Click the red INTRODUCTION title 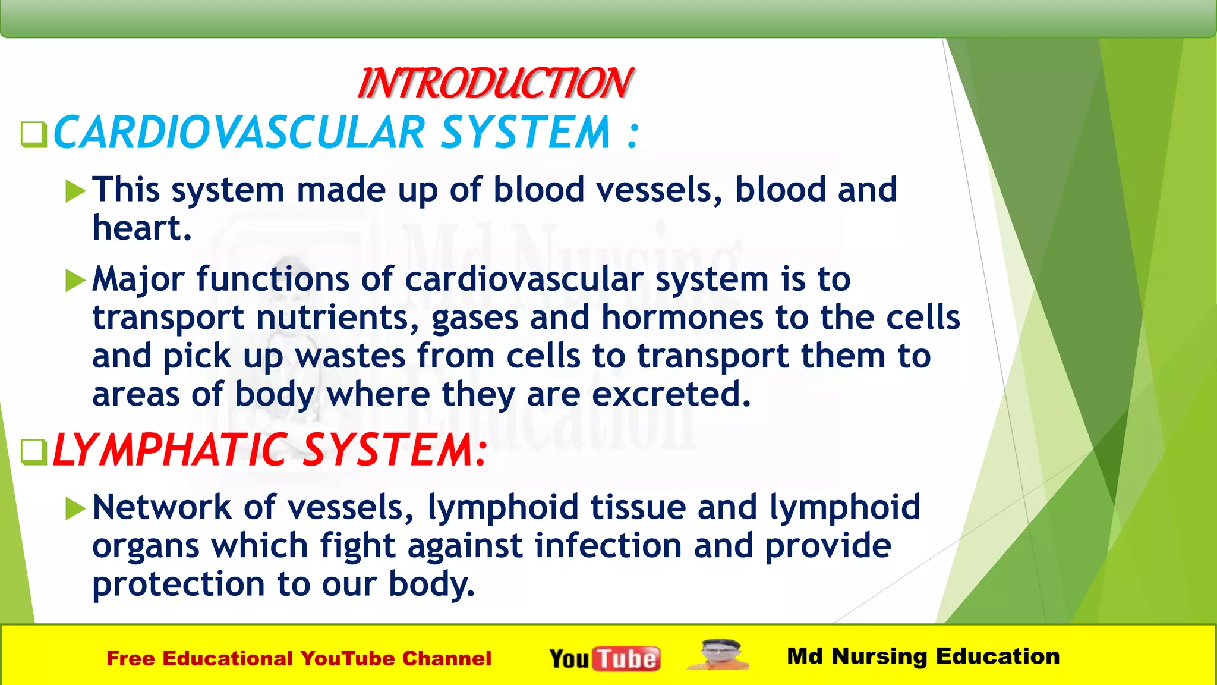coord(496,83)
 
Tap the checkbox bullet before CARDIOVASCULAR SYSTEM coord(33,134)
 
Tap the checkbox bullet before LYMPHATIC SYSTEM coord(33,452)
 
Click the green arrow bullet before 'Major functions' coord(75,280)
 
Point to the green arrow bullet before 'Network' coord(75,508)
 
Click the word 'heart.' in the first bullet coord(142,228)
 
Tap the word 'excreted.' coord(671,394)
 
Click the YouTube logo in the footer coord(604,658)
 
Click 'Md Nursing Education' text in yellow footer coord(923,656)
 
